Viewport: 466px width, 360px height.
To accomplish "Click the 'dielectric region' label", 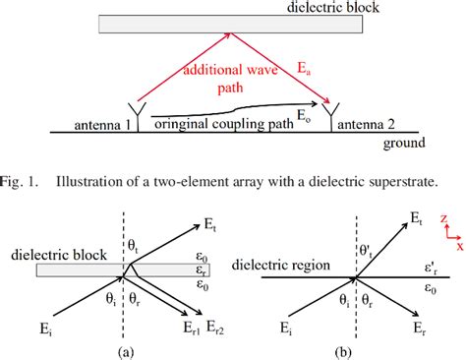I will (278, 265).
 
